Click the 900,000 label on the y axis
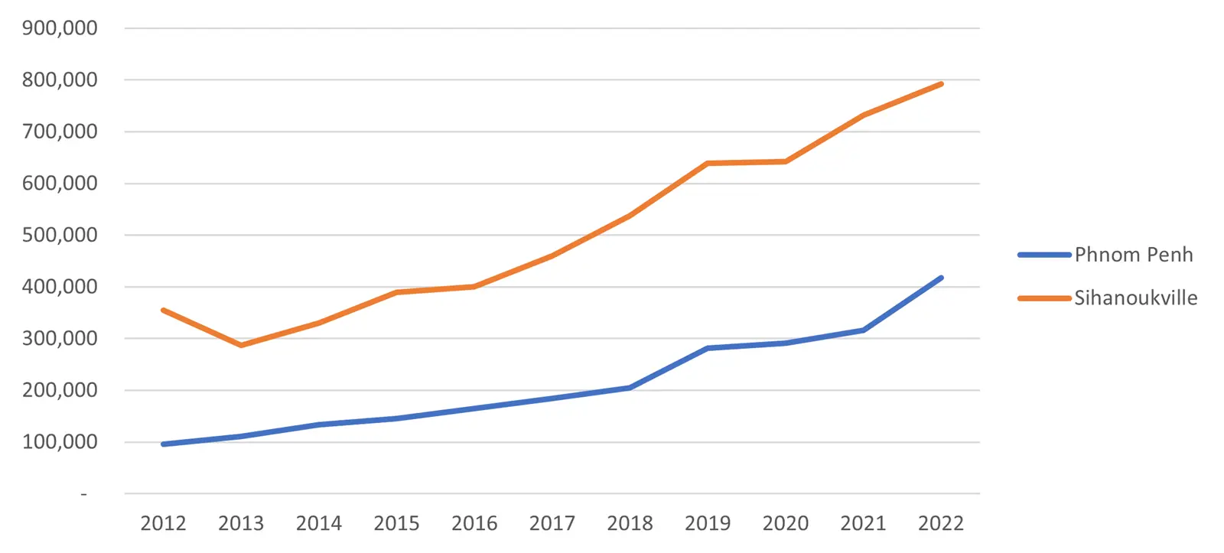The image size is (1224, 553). tap(60, 28)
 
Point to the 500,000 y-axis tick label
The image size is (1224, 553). tap(60, 235)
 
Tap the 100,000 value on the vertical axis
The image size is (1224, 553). tap(60, 442)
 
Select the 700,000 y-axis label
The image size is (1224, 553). tap(60, 132)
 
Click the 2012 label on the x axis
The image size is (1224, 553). tap(164, 523)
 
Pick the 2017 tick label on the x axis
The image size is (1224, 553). tap(552, 523)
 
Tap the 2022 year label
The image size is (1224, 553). tap(941, 523)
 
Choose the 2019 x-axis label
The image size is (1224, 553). tap(708, 523)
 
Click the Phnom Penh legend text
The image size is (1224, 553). tap(1134, 255)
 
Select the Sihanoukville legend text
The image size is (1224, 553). tap(1136, 298)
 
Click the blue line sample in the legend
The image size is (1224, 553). tap(1044, 255)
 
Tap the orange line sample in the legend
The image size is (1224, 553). tap(1044, 298)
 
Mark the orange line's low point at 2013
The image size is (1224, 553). tap(241, 346)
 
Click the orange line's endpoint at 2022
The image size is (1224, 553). tap(942, 83)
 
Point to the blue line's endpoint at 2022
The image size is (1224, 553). tap(942, 278)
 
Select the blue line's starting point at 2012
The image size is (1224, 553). tap(164, 444)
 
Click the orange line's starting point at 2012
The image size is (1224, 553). tap(164, 310)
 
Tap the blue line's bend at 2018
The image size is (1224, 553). tap(630, 388)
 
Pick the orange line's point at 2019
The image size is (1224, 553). tap(708, 164)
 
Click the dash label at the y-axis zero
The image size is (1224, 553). tap(83, 494)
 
